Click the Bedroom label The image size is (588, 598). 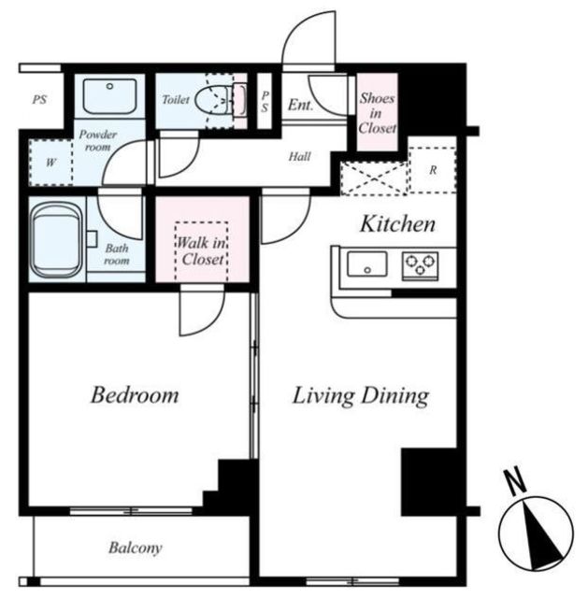click(135, 394)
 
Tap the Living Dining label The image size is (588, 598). click(361, 396)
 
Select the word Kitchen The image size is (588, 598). click(397, 224)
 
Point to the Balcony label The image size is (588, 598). click(135, 548)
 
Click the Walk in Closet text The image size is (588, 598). click(202, 251)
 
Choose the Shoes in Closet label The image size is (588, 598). click(377, 113)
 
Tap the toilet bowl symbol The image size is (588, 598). click(215, 101)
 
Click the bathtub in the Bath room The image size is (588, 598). click(57, 240)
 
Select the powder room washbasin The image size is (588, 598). click(110, 96)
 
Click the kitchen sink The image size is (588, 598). click(367, 263)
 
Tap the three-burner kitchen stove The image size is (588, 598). click(420, 264)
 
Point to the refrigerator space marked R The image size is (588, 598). click(432, 170)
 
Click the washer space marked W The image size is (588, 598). click(50, 163)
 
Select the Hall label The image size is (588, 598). click(299, 156)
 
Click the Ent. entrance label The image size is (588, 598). click(300, 105)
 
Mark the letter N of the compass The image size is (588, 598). click(515, 480)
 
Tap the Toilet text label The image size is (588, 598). click(176, 100)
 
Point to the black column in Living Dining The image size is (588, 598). click(429, 482)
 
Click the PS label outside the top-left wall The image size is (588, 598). click(39, 100)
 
